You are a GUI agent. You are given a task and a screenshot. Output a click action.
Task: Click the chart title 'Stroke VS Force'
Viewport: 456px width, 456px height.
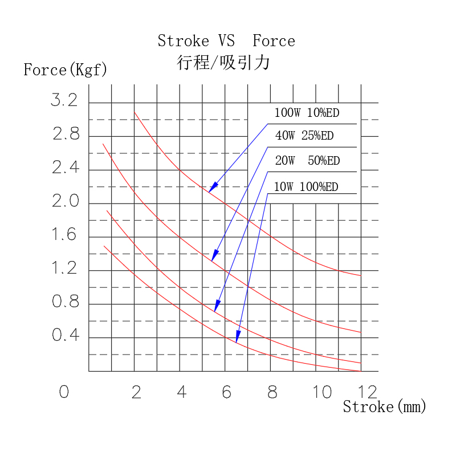(226, 41)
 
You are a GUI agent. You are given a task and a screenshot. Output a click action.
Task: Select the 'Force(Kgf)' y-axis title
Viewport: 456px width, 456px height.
(65, 70)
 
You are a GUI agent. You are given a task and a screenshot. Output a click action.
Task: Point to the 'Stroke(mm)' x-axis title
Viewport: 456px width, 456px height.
(385, 406)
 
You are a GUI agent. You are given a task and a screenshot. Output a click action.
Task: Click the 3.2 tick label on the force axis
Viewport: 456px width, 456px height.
(64, 101)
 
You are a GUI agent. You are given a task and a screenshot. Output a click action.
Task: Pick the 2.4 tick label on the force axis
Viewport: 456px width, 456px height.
(66, 169)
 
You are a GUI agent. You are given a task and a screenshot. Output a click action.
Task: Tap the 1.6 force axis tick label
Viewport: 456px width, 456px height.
(64, 235)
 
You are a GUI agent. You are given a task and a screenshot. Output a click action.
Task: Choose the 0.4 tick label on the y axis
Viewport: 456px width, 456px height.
(66, 336)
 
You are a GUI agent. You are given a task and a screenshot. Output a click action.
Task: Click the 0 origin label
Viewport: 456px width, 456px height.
(64, 392)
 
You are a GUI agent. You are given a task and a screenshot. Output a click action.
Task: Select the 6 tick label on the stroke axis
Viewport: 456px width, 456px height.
(226, 392)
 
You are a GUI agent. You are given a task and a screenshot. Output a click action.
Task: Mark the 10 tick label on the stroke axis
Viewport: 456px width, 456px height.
(321, 392)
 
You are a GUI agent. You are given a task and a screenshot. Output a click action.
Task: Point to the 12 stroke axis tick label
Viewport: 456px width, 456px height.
(368, 392)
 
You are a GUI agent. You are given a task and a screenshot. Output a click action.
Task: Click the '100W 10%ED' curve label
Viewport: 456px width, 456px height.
(307, 113)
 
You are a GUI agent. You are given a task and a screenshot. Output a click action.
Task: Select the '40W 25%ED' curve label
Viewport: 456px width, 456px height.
(304, 136)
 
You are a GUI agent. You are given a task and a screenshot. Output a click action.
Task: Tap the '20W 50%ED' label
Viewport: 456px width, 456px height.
(307, 161)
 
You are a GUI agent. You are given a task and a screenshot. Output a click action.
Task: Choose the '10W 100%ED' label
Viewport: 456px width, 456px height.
(306, 187)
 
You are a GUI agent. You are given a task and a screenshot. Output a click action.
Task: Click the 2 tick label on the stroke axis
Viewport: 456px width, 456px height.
(136, 392)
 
